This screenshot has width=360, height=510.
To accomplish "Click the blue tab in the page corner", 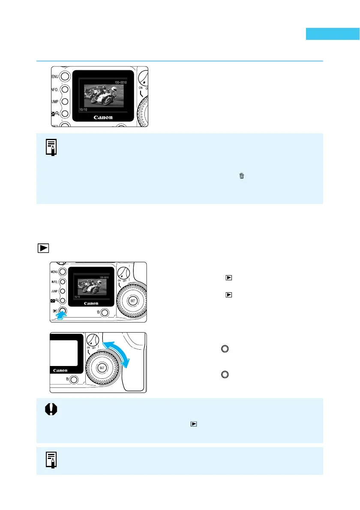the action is point(333,34).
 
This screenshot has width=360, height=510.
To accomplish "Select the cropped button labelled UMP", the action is point(64,102).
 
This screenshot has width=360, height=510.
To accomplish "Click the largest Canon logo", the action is point(103,117).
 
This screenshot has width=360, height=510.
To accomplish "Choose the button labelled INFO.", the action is point(63,282).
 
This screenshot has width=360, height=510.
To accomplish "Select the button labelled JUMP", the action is point(63,291).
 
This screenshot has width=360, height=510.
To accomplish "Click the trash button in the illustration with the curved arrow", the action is point(73,379).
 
